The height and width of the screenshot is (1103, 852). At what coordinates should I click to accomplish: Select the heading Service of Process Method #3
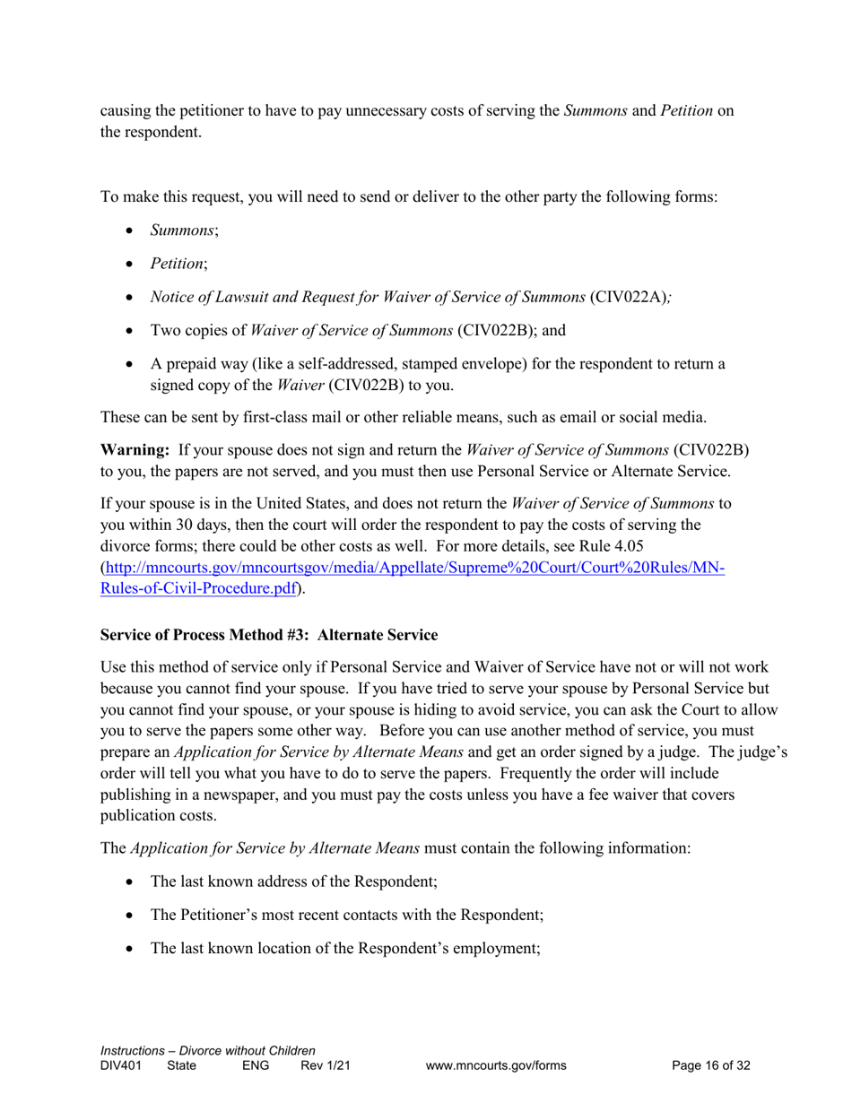click(269, 635)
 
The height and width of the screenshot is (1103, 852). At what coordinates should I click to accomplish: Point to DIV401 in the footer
click(120, 1065)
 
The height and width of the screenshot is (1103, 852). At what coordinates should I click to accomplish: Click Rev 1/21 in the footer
click(325, 1065)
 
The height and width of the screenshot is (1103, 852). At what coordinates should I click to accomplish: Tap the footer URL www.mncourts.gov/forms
click(496, 1065)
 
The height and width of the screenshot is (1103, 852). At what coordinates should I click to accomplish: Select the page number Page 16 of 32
click(710, 1065)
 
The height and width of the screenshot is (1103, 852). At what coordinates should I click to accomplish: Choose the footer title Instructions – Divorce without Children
click(208, 1050)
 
